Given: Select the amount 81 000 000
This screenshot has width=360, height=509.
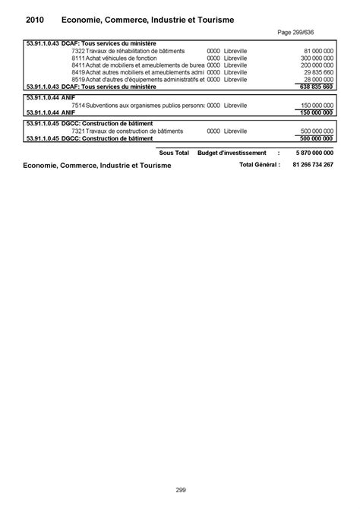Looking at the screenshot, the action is pyautogui.click(x=318, y=51).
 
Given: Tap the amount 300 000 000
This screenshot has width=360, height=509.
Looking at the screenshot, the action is pyautogui.click(x=317, y=58).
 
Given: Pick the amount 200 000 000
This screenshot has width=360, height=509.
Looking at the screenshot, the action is pyautogui.click(x=317, y=65).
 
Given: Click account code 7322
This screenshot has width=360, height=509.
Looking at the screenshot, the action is pyautogui.click(x=78, y=51).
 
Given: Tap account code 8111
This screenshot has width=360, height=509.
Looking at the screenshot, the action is pyautogui.click(x=78, y=58).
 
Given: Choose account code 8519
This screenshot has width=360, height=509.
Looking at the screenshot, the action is pyautogui.click(x=78, y=79).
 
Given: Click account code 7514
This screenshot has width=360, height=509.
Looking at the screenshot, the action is pyautogui.click(x=78, y=104).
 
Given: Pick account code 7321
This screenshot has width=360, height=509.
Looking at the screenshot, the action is pyautogui.click(x=78, y=131).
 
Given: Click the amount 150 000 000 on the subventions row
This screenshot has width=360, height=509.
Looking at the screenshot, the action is pyautogui.click(x=317, y=104).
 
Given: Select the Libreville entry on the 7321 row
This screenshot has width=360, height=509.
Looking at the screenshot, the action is pyautogui.click(x=235, y=131).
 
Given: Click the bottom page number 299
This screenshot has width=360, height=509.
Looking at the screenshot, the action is pyautogui.click(x=181, y=489).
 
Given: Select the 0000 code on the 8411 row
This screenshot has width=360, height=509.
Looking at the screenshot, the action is pyautogui.click(x=213, y=65).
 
